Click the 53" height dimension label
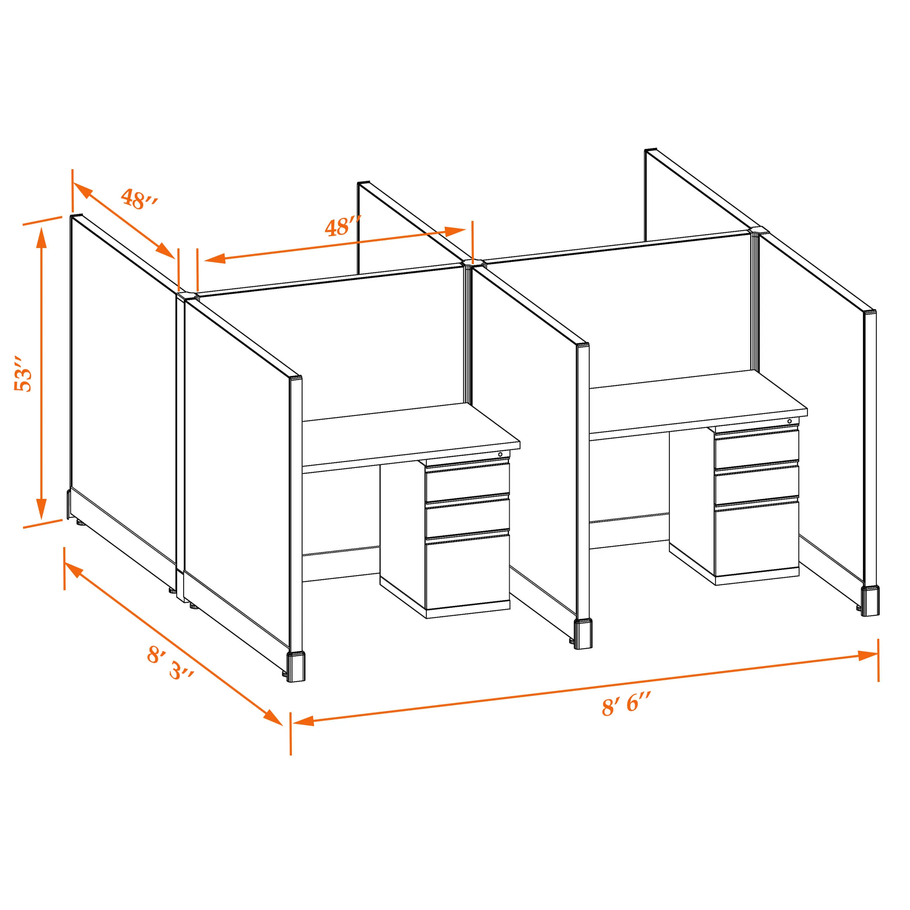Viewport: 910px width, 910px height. click(x=22, y=374)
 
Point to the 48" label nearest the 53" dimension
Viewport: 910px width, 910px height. click(x=138, y=199)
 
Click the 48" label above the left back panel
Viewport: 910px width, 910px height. click(x=343, y=227)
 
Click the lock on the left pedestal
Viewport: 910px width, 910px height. click(x=500, y=455)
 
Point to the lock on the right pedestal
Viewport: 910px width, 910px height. click(x=789, y=421)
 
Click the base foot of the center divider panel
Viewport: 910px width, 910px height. click(x=583, y=635)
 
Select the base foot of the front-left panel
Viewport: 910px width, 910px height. click(x=296, y=667)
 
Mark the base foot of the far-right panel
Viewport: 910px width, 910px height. click(x=870, y=601)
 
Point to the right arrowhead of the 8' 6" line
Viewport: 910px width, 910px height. click(x=868, y=655)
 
